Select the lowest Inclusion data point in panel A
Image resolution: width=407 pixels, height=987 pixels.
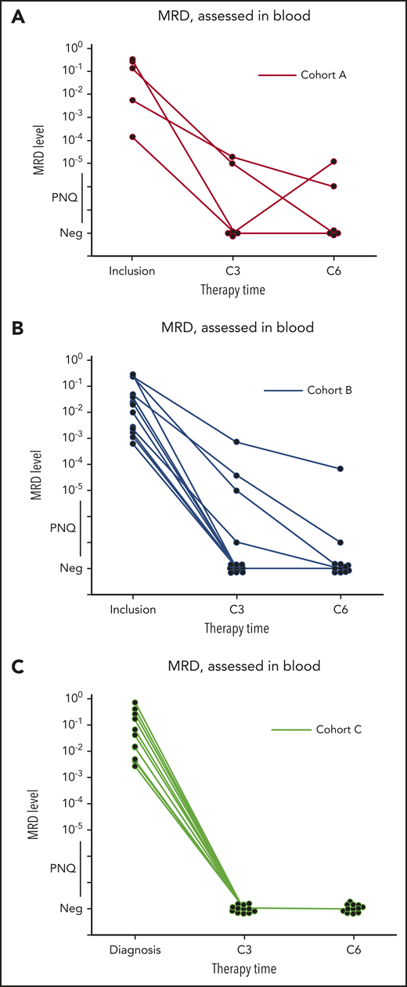pyautogui.click(x=132, y=137)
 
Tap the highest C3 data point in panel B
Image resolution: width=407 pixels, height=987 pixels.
pyautogui.click(x=232, y=442)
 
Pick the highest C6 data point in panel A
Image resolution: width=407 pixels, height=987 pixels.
pyautogui.click(x=333, y=161)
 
